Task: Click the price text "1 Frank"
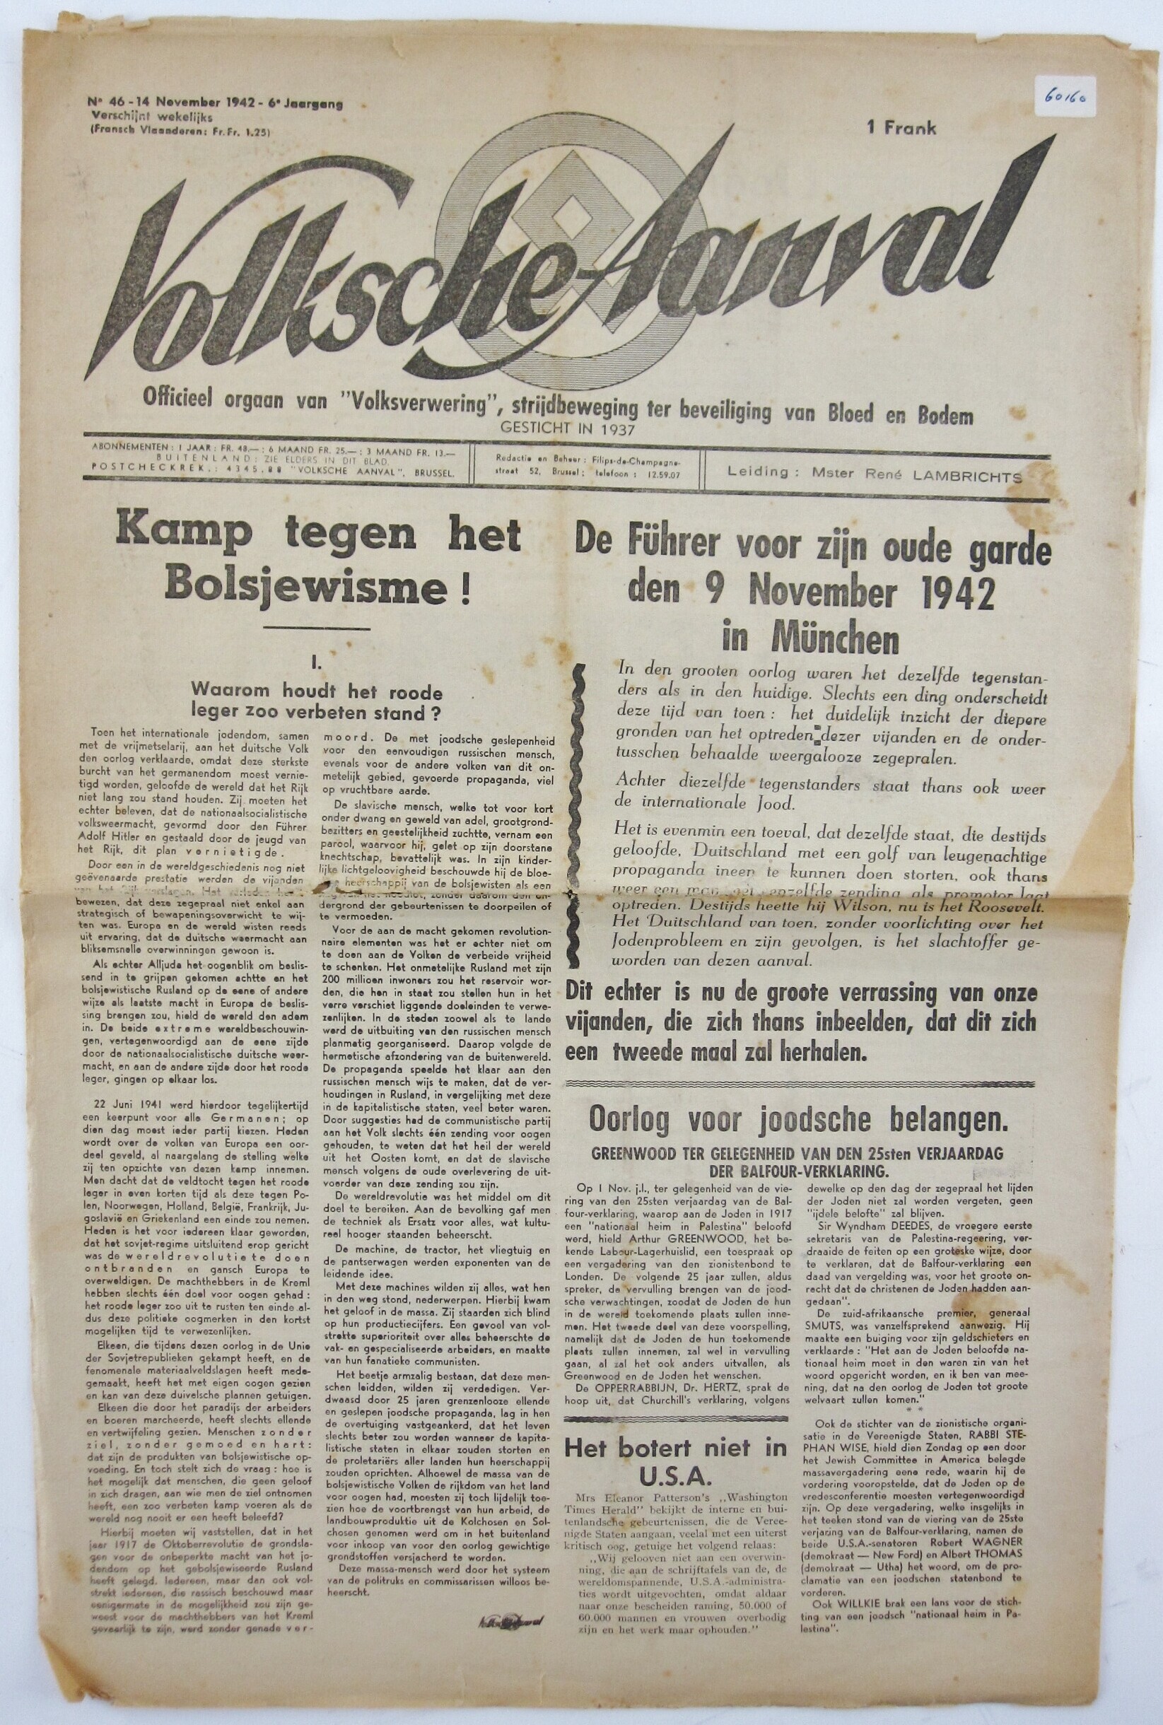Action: point(902,127)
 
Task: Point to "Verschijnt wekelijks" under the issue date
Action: point(152,117)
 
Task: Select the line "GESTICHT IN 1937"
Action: point(563,428)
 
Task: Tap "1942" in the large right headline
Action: point(957,590)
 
